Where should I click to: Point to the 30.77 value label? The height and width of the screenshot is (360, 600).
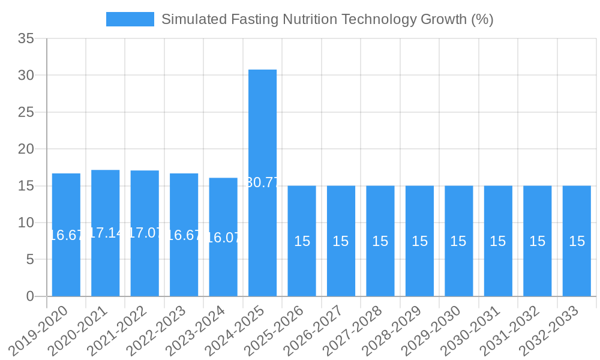(x=262, y=182)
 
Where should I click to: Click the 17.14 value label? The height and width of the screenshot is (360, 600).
(x=105, y=233)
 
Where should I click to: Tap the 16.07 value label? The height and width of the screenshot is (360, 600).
(x=223, y=238)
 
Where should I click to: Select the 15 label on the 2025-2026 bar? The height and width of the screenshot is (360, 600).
(x=302, y=241)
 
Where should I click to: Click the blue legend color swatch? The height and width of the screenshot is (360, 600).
(x=130, y=19)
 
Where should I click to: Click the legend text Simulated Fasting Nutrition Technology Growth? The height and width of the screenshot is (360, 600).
(x=327, y=19)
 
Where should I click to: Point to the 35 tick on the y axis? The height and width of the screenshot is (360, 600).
(x=26, y=39)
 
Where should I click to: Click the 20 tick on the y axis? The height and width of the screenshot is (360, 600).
(x=26, y=149)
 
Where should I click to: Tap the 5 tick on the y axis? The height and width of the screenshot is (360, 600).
(x=31, y=259)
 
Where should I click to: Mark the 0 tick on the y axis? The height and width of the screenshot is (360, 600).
(x=31, y=296)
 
